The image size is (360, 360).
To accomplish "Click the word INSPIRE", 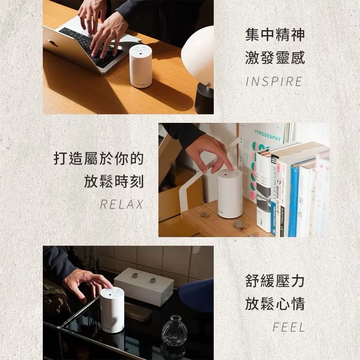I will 274,82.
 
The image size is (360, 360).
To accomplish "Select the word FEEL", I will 288,328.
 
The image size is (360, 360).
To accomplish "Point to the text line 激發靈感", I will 275,58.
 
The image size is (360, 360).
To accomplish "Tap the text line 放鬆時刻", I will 114,182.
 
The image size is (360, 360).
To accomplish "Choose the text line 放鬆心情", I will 275,304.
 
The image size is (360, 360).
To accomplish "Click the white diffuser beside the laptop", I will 140,66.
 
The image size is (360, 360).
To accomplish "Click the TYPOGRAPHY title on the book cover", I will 267,134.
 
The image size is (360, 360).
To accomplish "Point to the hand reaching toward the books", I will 210,153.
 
